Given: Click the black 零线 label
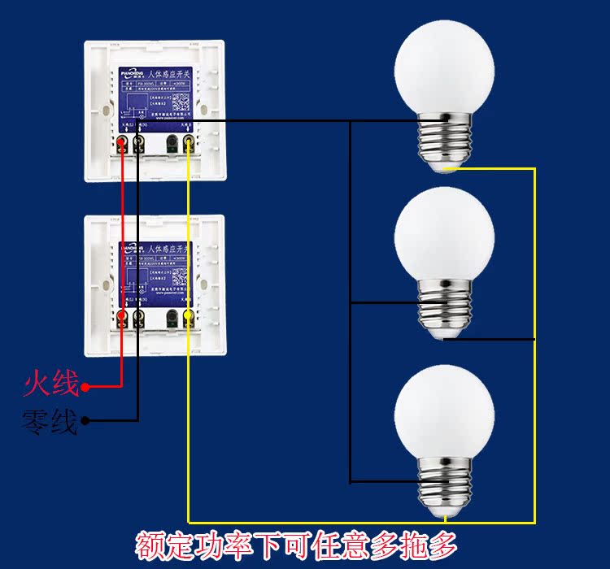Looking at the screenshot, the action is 51,422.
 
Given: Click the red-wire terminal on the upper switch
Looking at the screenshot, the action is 123,145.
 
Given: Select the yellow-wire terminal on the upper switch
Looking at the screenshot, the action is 189,145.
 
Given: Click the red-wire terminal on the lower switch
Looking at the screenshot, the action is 123,316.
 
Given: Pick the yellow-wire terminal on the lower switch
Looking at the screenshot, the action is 189,316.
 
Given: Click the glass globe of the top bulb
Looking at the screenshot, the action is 444,69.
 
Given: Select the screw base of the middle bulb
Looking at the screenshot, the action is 444,307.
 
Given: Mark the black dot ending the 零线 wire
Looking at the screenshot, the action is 85,421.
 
